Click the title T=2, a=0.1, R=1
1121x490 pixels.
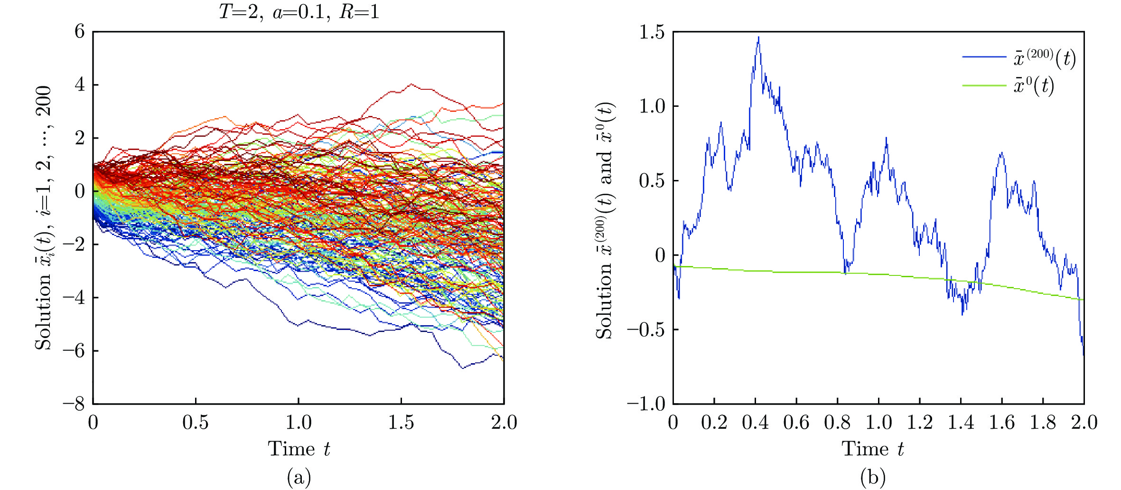tap(299, 11)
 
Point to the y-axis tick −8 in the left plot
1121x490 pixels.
tap(74, 404)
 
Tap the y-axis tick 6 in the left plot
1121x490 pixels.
tap(79, 32)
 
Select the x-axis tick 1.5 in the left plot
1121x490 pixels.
tap(401, 422)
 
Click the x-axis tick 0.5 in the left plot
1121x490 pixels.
tap(196, 422)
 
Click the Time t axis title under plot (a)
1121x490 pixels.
tap(299, 449)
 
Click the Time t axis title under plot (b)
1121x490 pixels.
tap(873, 449)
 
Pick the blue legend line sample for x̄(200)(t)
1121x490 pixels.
tap(984, 57)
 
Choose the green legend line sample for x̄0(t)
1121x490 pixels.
tap(984, 85)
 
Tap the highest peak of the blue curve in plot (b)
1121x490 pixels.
tap(758, 38)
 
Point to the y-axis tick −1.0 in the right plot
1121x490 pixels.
tap(646, 404)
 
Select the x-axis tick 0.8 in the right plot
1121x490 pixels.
tap(837, 422)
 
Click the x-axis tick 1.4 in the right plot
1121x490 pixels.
tap(961, 422)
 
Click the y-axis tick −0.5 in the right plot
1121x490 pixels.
tap(646, 330)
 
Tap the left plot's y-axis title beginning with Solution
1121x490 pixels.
tap(43, 217)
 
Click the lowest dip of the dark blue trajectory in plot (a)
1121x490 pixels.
tap(463, 367)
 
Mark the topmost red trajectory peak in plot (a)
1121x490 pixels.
tap(411, 85)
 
